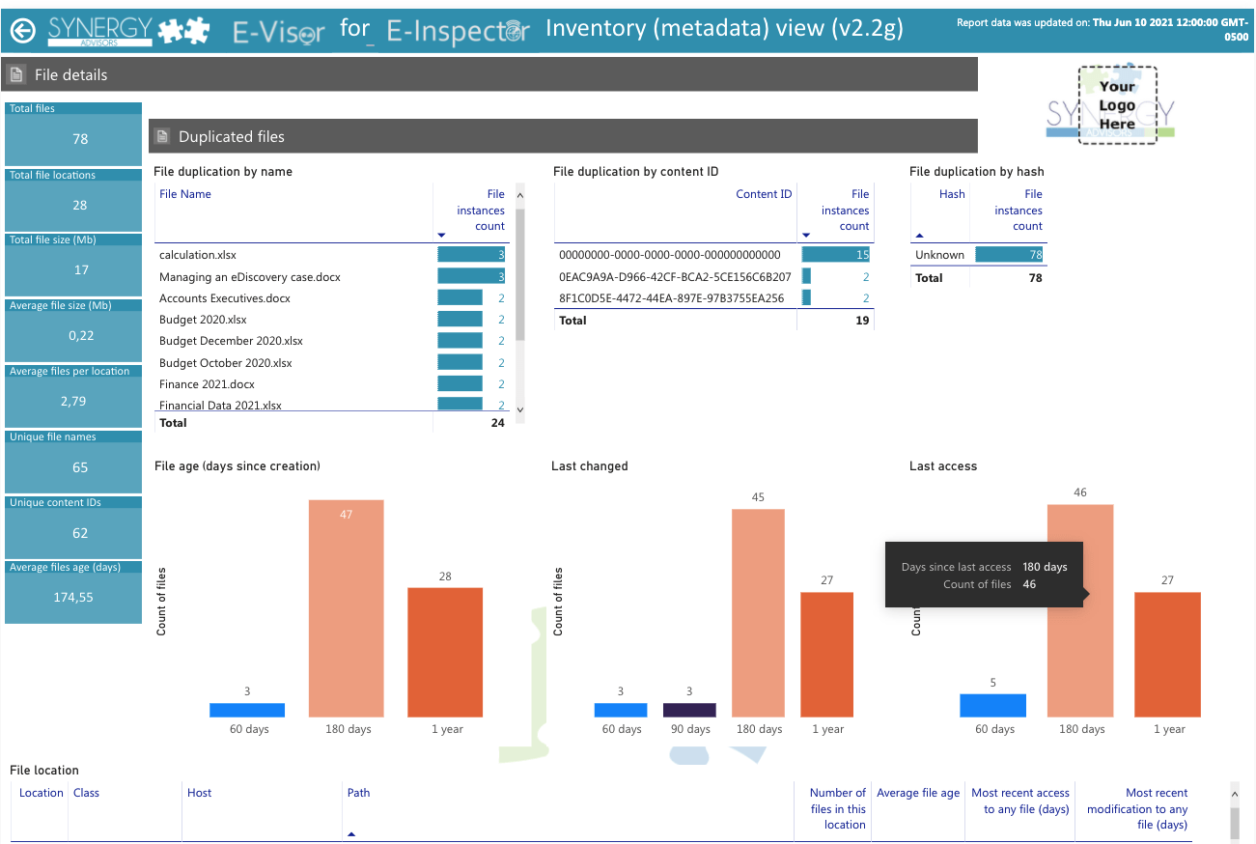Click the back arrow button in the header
click(x=23, y=30)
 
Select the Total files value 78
click(x=80, y=139)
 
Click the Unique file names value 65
click(x=80, y=467)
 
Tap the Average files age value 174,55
click(x=73, y=597)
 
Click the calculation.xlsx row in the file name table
click(x=198, y=255)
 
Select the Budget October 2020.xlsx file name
click(x=225, y=363)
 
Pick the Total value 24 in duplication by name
click(x=497, y=423)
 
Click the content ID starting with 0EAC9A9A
click(x=675, y=276)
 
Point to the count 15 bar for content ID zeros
click(x=835, y=255)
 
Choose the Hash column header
click(x=952, y=194)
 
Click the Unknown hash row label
click(x=939, y=255)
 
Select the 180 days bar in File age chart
click(x=346, y=608)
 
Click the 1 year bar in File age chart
click(x=445, y=652)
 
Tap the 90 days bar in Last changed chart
click(x=689, y=710)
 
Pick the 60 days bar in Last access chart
click(x=993, y=706)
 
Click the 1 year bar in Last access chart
click(x=1167, y=655)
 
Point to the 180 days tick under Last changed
click(x=759, y=729)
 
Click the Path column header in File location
click(x=358, y=793)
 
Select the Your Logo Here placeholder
click(x=1117, y=105)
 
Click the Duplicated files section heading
click(x=231, y=136)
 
